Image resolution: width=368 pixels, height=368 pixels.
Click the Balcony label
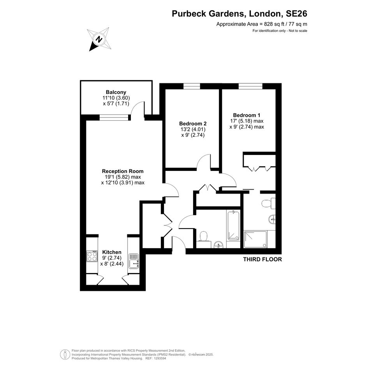(116, 92)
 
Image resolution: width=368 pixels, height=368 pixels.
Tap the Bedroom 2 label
(193, 123)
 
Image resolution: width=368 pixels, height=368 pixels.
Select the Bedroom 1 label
(247, 115)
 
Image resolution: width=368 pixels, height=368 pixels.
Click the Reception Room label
(123, 171)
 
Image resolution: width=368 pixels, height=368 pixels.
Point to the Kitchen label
(112, 252)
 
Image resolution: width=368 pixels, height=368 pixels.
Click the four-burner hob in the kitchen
(92, 256)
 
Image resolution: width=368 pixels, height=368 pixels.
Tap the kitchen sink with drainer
(134, 261)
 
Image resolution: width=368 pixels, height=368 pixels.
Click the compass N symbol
(99, 39)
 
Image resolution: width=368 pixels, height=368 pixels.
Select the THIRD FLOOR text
(262, 259)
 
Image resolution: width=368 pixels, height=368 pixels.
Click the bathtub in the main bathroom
(233, 225)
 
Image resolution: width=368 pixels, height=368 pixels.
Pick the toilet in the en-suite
(268, 203)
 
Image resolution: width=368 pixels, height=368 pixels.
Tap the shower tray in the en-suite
(255, 239)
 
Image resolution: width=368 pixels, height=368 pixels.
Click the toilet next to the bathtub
(203, 237)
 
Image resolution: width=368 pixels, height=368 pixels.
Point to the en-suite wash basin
(272, 220)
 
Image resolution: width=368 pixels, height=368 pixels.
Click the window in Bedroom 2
(192, 86)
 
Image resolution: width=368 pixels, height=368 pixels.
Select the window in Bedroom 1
(250, 86)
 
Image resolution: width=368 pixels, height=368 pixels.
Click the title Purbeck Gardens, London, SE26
(239, 14)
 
